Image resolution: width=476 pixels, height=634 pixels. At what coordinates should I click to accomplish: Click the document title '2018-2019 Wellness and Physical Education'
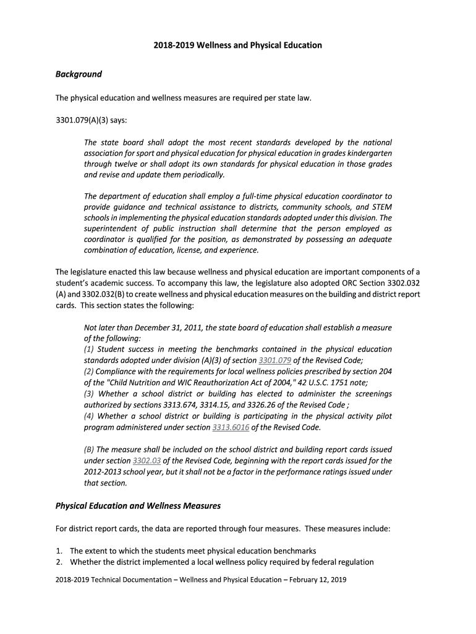(238, 45)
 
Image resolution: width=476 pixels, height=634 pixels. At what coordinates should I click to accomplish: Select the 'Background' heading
(79, 74)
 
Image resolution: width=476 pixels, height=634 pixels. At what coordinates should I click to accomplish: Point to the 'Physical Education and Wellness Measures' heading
(138, 506)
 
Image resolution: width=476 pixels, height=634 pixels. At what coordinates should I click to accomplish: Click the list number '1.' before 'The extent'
(59, 551)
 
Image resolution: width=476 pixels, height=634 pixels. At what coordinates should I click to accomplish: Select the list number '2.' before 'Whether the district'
(59, 562)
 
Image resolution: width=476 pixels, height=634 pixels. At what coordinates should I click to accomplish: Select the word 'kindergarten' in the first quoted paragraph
(369, 153)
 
